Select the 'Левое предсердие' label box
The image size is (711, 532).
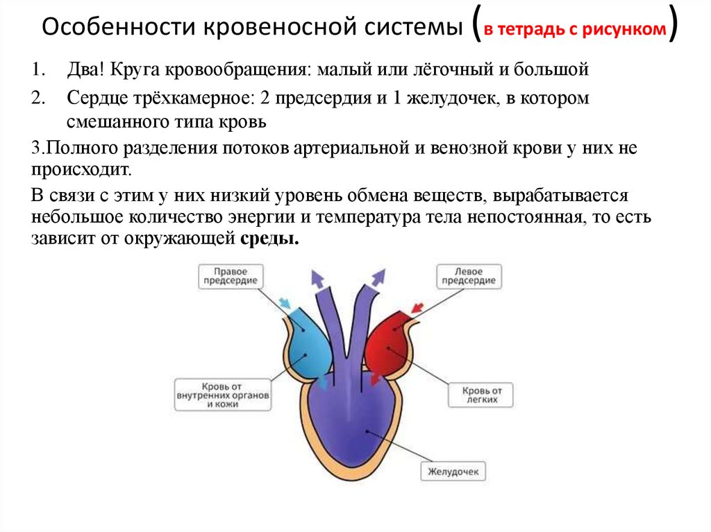(469, 276)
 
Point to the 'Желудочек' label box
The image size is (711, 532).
(453, 472)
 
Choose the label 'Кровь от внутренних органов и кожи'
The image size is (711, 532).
(222, 394)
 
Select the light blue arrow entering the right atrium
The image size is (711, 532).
(285, 303)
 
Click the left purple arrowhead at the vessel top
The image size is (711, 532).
(317, 278)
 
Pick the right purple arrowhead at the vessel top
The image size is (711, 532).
(378, 278)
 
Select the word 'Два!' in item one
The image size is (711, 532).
(85, 70)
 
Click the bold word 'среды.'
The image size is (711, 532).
(270, 240)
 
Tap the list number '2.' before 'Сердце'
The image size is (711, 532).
(37, 98)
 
